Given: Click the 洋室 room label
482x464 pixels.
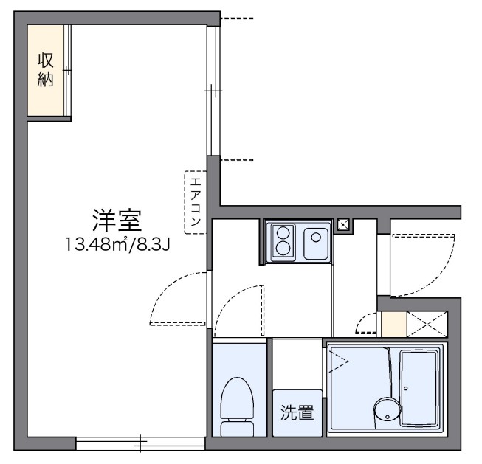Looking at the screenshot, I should [116, 219].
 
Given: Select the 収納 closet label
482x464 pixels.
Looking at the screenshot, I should [45, 71].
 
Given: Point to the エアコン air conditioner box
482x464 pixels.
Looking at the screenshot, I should [195, 202].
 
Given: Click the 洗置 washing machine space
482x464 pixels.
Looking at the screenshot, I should [297, 413].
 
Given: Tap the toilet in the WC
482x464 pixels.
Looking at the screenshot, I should [237, 406].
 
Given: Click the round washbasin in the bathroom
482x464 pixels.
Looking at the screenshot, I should [385, 409].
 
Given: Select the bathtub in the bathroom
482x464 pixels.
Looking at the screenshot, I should [421, 388].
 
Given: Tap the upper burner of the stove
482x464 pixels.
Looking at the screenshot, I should [282, 233].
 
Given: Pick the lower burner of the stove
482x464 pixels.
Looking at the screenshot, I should [282, 249].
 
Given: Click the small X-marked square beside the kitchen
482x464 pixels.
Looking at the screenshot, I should [343, 226].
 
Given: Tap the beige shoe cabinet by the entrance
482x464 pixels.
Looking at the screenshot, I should [393, 325].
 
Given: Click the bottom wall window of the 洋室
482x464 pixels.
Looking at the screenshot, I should [140, 443].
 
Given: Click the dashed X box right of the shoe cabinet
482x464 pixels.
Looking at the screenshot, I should [428, 325].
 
